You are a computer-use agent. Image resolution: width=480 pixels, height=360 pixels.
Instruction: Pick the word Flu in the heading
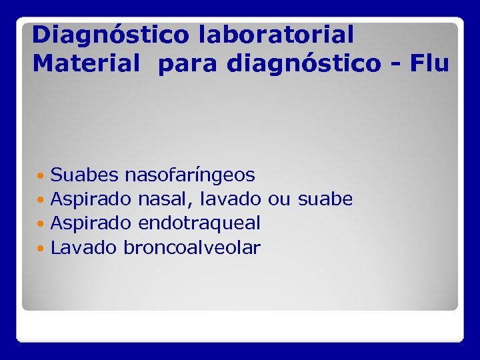pyautogui.click(x=430, y=64)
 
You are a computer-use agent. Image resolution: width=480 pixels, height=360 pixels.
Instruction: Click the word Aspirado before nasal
pyautogui.click(x=92, y=199)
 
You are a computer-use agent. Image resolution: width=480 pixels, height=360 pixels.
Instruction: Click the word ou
pyautogui.click(x=280, y=199)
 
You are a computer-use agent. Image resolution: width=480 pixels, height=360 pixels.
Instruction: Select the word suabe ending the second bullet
pyautogui.click(x=325, y=199)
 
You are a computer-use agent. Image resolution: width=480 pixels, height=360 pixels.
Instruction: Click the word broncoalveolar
pyautogui.click(x=193, y=248)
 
